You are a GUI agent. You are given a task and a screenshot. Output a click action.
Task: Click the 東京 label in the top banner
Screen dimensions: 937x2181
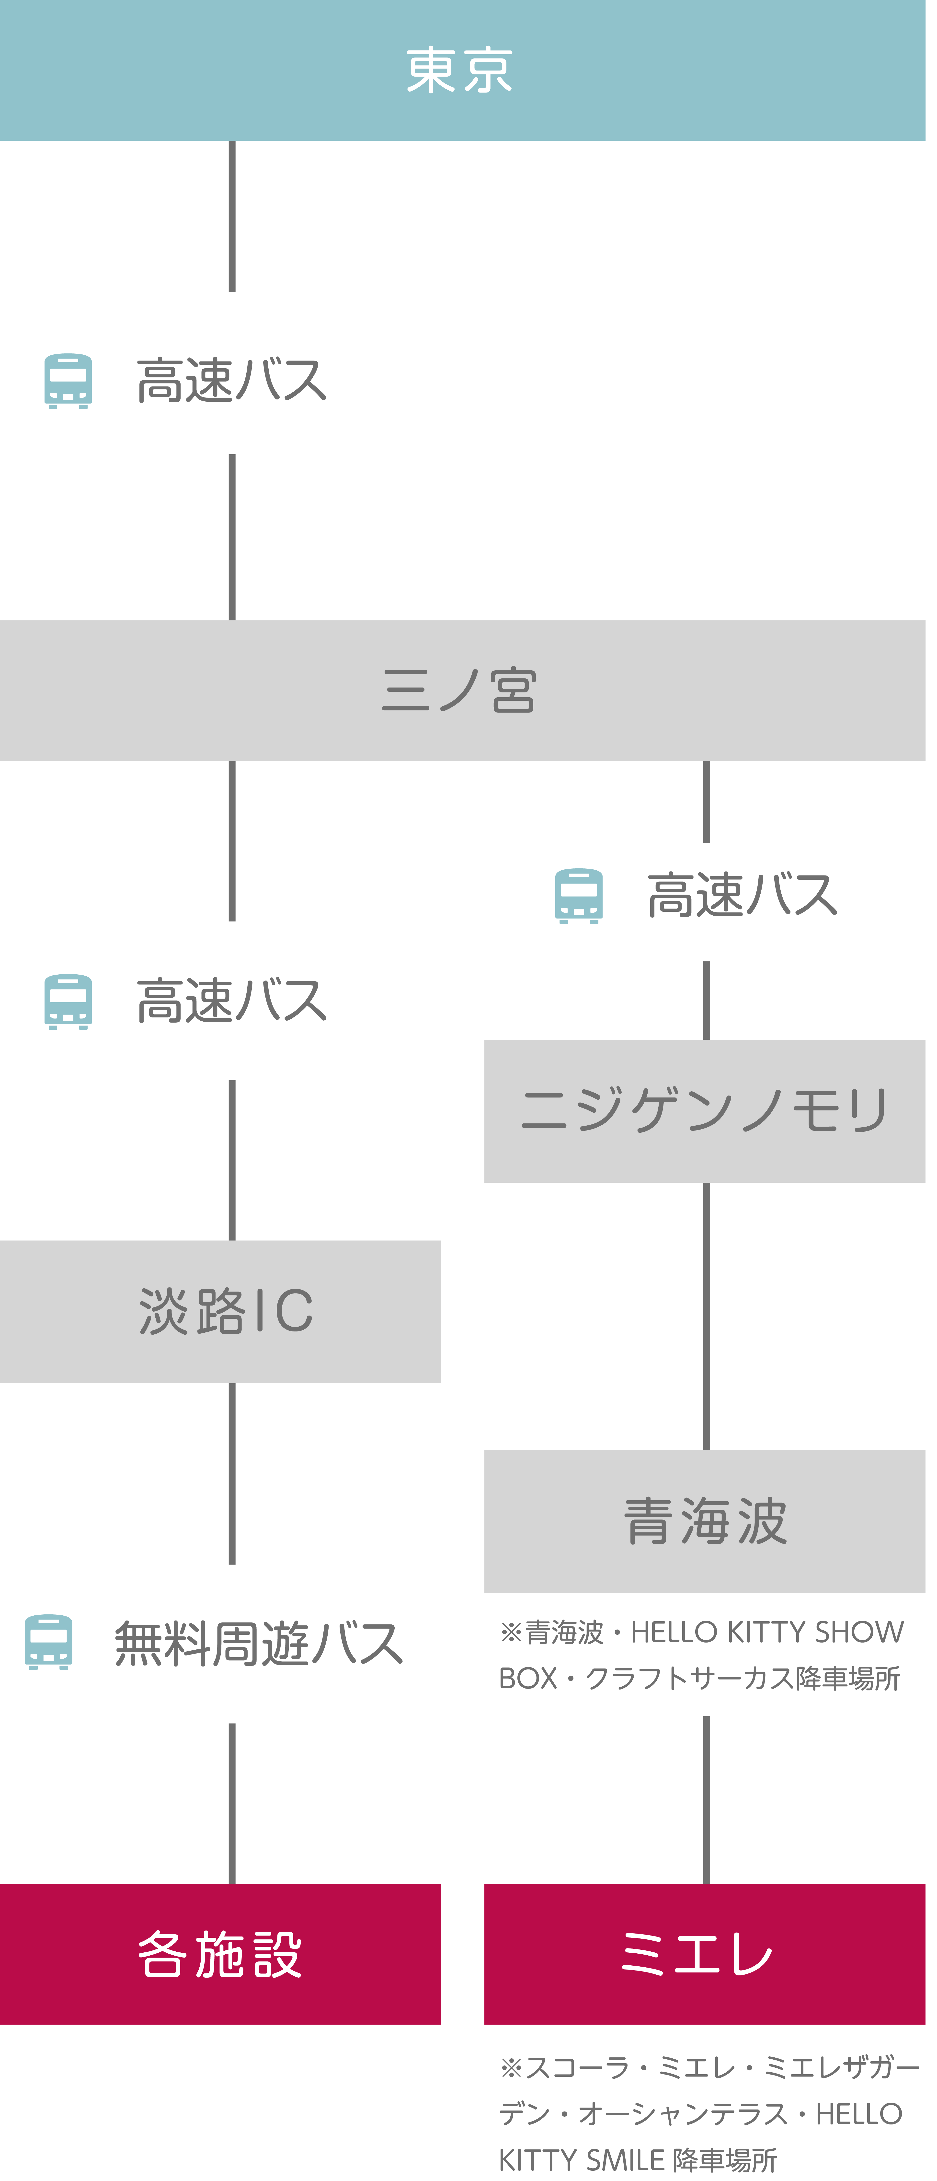tap(460, 70)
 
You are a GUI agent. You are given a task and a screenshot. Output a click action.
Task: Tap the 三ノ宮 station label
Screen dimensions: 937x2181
tap(460, 690)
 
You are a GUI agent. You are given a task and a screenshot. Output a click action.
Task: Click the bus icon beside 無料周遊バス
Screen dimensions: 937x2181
tap(48, 1643)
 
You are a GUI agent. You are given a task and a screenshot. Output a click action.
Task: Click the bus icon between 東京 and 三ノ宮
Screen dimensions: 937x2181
tap(68, 381)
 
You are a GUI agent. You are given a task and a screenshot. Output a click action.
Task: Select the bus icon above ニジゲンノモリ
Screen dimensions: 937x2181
tap(579, 896)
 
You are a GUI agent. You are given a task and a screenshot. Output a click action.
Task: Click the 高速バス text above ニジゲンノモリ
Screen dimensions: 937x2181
tap(742, 896)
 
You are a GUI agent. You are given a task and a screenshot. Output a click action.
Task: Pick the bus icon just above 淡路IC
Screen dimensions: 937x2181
tap(68, 1002)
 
